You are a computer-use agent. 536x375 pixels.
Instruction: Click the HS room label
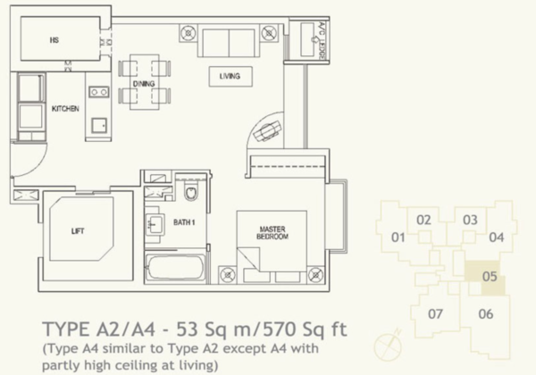coord(54,40)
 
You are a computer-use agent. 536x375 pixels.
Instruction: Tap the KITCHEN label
coord(65,109)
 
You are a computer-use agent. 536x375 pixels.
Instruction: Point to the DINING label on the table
coord(144,84)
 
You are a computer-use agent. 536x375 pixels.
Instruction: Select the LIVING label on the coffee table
coord(230,76)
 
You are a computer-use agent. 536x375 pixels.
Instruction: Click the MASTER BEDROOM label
coord(272,232)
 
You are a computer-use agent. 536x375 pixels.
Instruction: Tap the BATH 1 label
coord(184,222)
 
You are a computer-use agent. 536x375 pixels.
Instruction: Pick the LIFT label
coord(78,231)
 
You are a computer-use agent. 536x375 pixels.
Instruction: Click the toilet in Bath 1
coord(191,192)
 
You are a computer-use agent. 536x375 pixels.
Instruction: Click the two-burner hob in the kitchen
coord(99,92)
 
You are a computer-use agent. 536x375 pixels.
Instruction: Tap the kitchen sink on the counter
coord(99,125)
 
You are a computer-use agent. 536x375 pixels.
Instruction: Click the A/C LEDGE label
coord(321,41)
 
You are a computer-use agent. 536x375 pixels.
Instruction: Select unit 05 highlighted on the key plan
coord(484,276)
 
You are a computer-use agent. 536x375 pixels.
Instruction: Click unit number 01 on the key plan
coord(398,237)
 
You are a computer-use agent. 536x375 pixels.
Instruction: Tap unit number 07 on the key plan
coord(436,313)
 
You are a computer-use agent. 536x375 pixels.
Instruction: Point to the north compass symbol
coord(388,346)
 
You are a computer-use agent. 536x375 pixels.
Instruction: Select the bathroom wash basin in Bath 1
coord(155,224)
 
